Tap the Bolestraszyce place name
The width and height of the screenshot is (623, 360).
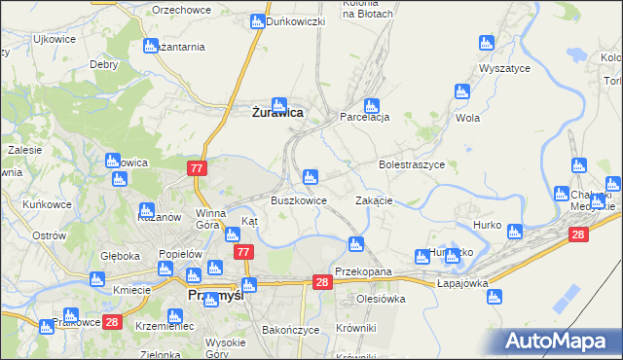(x=411, y=165)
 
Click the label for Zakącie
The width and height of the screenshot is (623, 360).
(x=374, y=200)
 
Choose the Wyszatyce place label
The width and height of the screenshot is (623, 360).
(x=504, y=69)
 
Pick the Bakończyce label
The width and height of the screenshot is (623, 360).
(x=291, y=330)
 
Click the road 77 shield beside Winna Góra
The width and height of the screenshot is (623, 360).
(x=197, y=168)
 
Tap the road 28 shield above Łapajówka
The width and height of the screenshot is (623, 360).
(x=578, y=234)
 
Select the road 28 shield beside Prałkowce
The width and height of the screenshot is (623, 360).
(x=112, y=322)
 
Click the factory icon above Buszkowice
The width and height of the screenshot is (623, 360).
(x=310, y=177)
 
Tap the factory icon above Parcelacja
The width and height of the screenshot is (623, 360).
(x=370, y=105)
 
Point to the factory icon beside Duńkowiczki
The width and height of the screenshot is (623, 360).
(x=257, y=20)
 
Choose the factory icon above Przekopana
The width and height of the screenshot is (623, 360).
(x=356, y=243)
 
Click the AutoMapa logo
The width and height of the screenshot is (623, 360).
(x=559, y=342)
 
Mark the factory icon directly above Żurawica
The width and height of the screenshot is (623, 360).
(x=279, y=104)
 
